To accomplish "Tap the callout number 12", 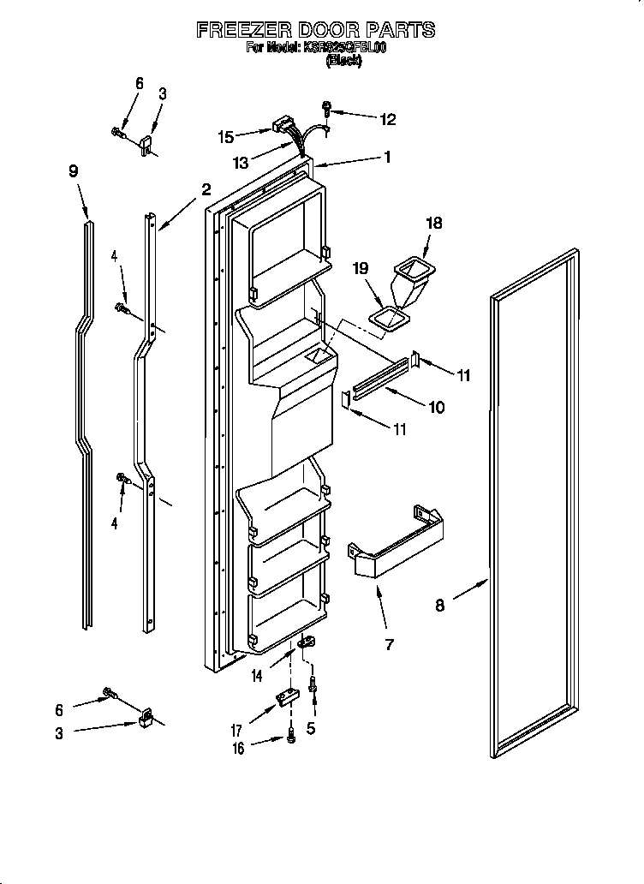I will pyautogui.click(x=388, y=120).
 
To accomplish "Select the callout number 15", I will pyautogui.click(x=225, y=135).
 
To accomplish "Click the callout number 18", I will pyautogui.click(x=434, y=223).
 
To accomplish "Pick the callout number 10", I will pyautogui.click(x=436, y=408).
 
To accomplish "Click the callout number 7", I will pyautogui.click(x=389, y=644).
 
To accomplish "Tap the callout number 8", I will pyautogui.click(x=440, y=606).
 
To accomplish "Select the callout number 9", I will pyautogui.click(x=74, y=170).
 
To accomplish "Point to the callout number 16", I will pyautogui.click(x=238, y=748).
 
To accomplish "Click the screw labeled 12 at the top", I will pyautogui.click(x=327, y=109).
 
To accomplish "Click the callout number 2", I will pyautogui.click(x=206, y=189).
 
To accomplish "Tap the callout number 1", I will pyautogui.click(x=387, y=157).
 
